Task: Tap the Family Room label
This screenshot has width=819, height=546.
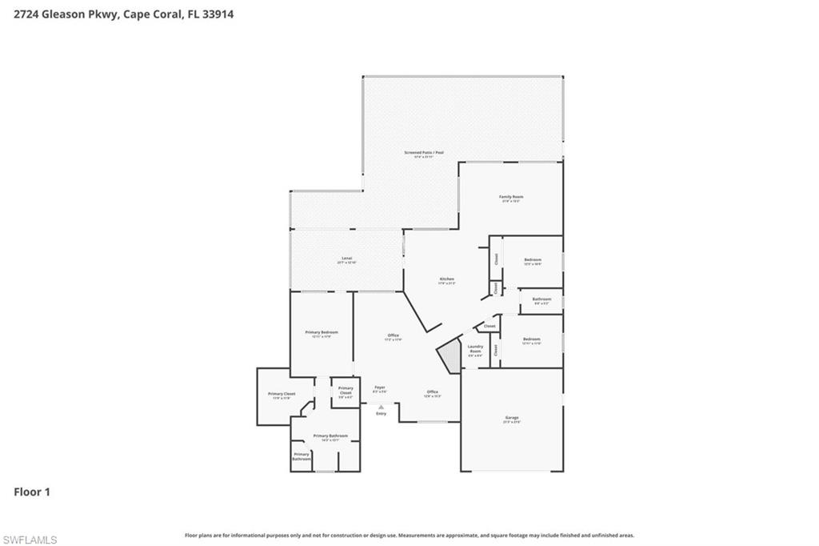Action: click(x=511, y=197)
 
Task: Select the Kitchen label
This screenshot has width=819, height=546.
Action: click(x=446, y=279)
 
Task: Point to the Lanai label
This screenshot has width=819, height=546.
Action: click(x=347, y=259)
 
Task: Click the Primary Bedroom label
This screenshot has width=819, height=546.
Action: click(x=322, y=332)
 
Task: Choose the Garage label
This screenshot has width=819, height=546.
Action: click(x=512, y=418)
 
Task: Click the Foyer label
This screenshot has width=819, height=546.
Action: click(x=380, y=387)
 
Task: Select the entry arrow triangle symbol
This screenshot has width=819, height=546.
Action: click(x=381, y=406)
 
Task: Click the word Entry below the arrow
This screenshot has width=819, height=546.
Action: click(x=381, y=413)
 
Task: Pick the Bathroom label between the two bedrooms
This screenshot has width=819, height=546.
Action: click(x=541, y=299)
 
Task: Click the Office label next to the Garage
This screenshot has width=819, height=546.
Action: click(x=432, y=391)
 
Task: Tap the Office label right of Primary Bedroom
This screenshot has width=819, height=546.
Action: click(x=393, y=335)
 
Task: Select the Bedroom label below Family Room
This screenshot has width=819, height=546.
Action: click(x=533, y=259)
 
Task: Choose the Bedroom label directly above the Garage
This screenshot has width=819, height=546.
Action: click(x=532, y=339)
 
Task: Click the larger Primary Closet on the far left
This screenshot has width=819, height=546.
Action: click(x=282, y=394)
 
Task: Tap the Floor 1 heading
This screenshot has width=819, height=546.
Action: click(x=32, y=492)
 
